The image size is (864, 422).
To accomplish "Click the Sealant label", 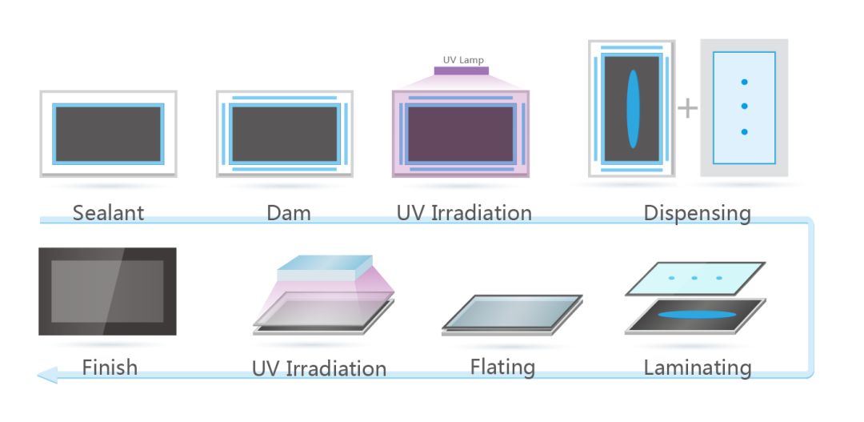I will coord(108,213).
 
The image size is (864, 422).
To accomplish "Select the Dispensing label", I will coord(697,213).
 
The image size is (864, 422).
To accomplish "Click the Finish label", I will coord(110,368).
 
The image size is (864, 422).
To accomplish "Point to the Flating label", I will coord(502,368).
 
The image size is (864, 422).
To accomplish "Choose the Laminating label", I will coord(697,368).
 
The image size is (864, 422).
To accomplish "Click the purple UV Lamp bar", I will coord(462,70).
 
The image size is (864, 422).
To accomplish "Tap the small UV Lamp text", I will coord(463,59).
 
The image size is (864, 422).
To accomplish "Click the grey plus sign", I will coord(687,107).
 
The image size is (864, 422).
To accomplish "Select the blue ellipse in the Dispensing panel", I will coord(633,108).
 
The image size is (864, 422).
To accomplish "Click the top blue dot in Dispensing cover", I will coord(744,82).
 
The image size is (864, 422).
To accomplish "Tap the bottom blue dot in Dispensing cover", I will coord(744,131).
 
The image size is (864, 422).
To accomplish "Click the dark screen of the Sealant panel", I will coord(108,134).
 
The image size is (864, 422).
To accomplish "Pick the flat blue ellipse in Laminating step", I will coord(695,314).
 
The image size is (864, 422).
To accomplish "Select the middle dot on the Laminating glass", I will coord(694,278).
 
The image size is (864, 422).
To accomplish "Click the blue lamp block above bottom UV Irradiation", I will coord(325,269).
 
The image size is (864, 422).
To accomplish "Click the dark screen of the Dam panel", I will coord(284,134).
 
